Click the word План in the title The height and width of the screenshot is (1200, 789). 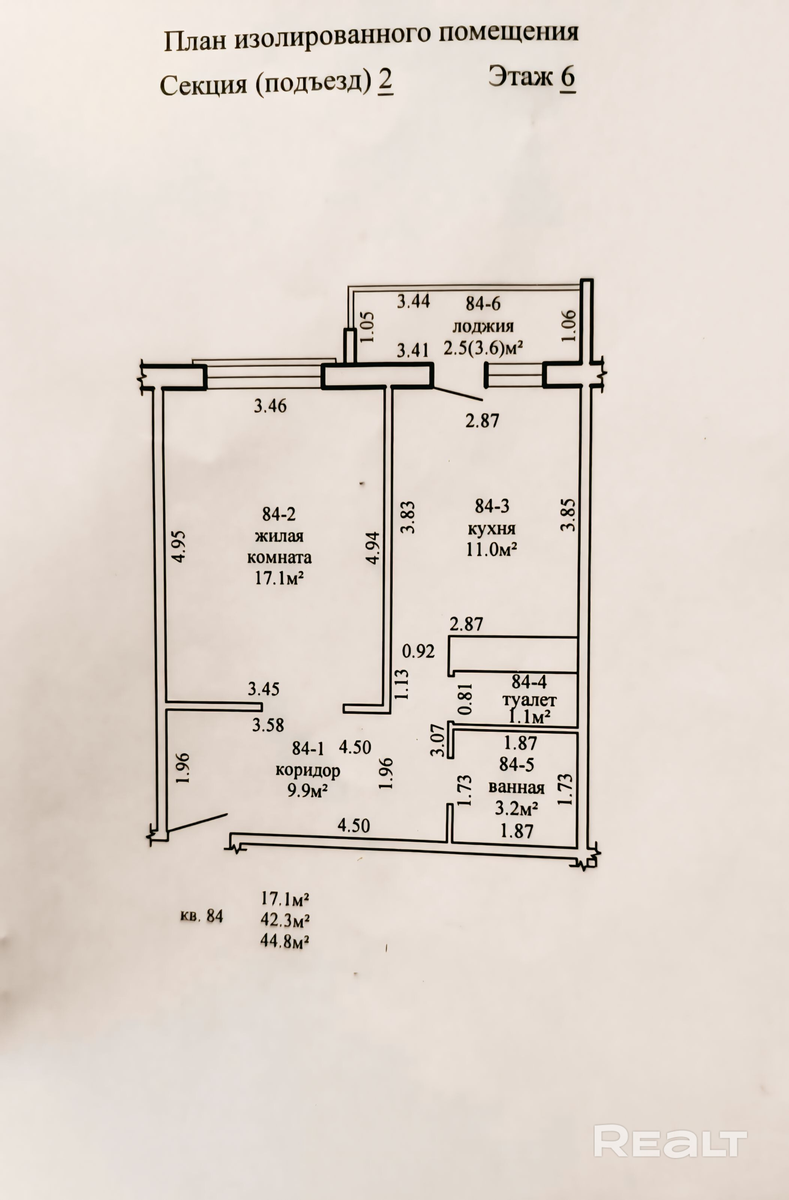click(x=194, y=41)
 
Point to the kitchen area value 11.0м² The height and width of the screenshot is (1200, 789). click(x=492, y=549)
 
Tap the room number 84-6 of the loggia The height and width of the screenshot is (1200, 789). click(x=483, y=304)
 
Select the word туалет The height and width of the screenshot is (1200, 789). click(x=529, y=700)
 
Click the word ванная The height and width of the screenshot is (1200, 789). click(x=516, y=787)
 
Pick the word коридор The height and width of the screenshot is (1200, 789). click(x=308, y=771)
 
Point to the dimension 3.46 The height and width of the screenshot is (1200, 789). click(x=270, y=406)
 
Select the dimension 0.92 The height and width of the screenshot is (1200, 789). click(x=418, y=651)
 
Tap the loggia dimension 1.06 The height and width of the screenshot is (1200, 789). click(x=568, y=326)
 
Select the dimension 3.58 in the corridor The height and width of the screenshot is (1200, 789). click(x=268, y=725)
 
